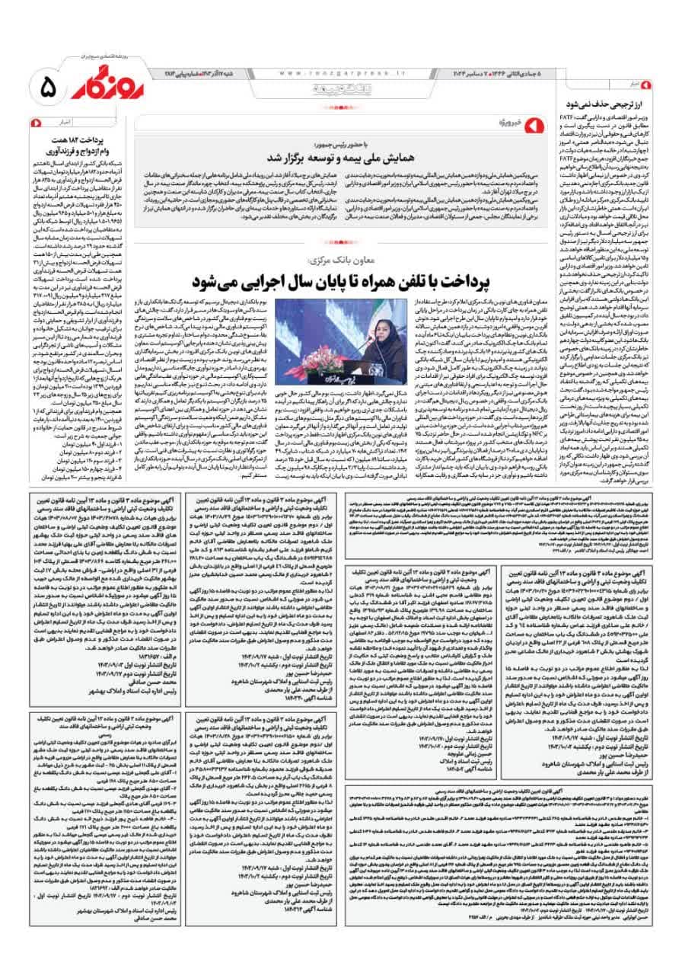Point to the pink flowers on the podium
[x=327, y=366]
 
